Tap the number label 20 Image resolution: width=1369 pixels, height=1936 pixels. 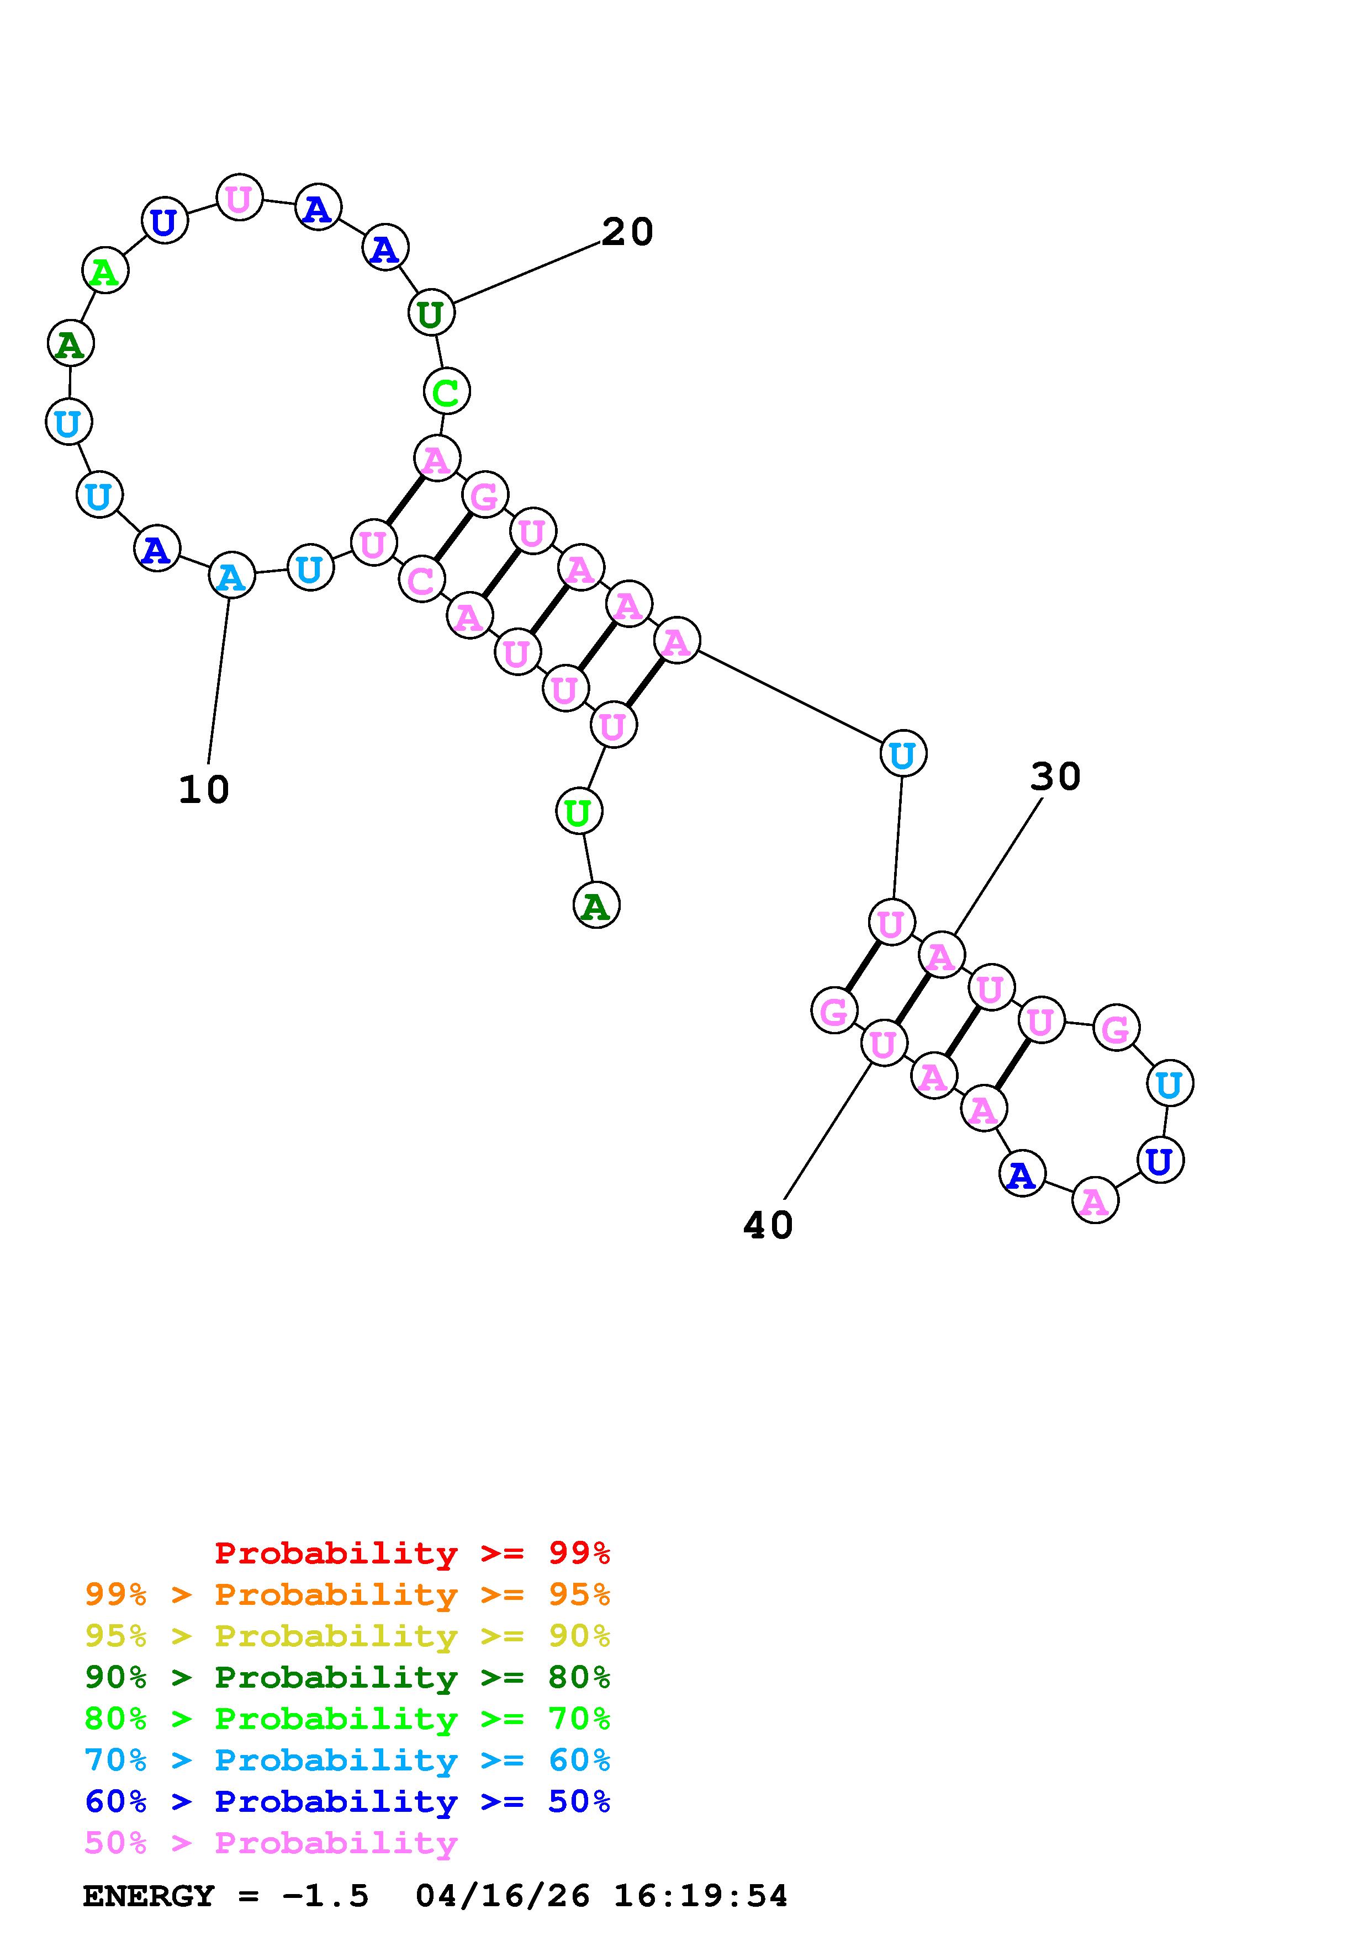(627, 232)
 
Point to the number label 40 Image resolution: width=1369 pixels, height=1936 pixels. (768, 1225)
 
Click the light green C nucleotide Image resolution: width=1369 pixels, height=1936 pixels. (446, 391)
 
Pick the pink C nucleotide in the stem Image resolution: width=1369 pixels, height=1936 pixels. (421, 579)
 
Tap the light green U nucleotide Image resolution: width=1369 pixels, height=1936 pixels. (579, 812)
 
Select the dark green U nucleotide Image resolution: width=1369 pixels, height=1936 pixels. (431, 313)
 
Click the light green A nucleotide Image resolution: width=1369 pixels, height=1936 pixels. (104, 272)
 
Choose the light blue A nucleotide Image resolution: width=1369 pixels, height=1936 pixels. (231, 576)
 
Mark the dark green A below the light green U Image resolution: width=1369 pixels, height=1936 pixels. (596, 906)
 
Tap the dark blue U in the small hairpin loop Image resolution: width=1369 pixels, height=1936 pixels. (1160, 1161)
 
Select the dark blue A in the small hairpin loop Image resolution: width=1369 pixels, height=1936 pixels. (1022, 1174)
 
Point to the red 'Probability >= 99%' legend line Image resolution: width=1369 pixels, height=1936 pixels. (413, 1552)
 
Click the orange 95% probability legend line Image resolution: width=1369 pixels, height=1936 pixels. (347, 1594)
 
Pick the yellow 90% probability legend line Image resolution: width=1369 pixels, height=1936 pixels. (347, 1636)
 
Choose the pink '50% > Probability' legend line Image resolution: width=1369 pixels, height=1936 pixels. (271, 1842)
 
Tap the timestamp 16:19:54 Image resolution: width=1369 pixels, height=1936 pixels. (700, 1896)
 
